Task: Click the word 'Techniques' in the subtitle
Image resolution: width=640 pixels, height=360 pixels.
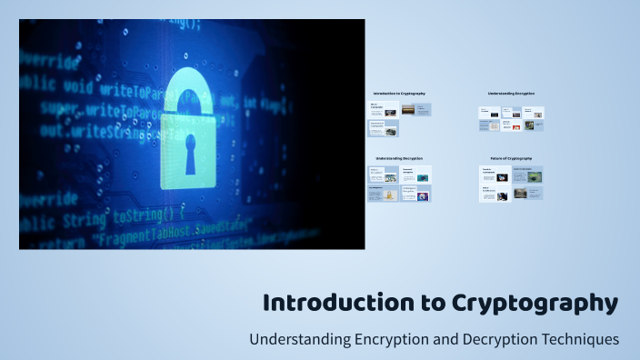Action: tap(578, 339)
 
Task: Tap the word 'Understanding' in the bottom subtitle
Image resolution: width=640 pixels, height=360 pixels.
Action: tap(295, 339)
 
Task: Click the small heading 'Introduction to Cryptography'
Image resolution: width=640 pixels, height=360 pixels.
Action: tap(399, 94)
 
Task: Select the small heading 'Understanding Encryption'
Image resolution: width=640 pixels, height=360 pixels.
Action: tap(511, 94)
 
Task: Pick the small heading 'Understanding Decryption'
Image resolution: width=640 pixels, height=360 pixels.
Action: tap(399, 159)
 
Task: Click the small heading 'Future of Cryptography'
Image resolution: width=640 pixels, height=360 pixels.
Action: tap(511, 159)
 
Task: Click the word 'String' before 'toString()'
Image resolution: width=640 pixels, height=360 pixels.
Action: tap(86, 217)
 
